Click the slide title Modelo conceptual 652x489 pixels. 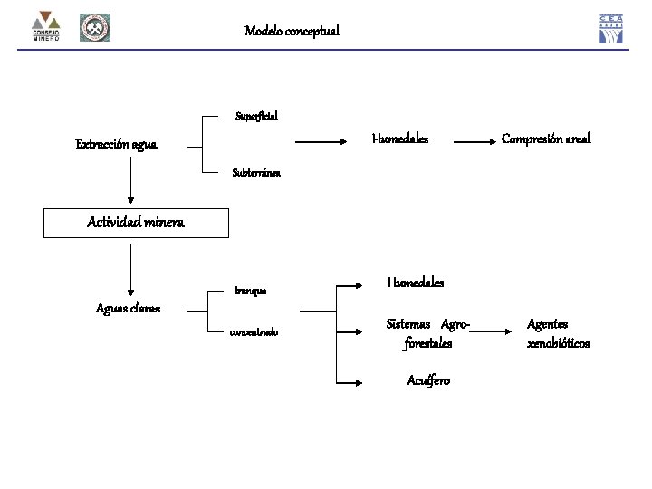pos(292,31)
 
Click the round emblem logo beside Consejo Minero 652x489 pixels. pos(94,28)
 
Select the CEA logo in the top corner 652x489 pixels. pos(611,29)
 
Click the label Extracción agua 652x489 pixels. pos(116,144)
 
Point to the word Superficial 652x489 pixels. pos(256,116)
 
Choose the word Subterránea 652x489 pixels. pos(256,171)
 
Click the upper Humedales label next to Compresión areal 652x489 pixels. pos(400,139)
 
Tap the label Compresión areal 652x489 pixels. pos(546,139)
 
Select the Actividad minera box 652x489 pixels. pos(136,223)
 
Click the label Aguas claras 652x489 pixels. pos(129,308)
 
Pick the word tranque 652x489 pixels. pos(251,291)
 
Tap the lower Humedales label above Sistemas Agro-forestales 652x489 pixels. pos(416,282)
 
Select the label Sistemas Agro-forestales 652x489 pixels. pos(428,333)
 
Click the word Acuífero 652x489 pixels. pos(427,380)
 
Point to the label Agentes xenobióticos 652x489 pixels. pos(558,333)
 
